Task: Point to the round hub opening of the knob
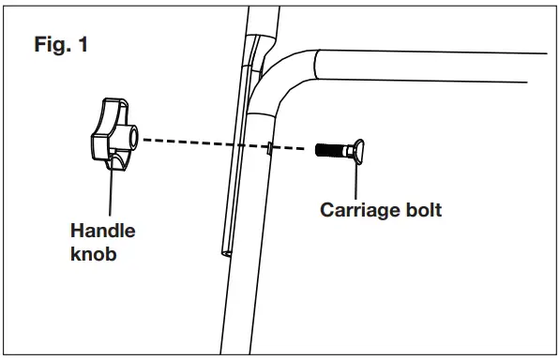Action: coord(133,137)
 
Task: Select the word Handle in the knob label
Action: coord(103,232)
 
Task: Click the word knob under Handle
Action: coord(94,253)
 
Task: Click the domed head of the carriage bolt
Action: coord(360,148)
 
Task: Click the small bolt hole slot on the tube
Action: coord(268,146)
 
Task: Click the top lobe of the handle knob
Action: coord(112,107)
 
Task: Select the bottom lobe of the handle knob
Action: coord(116,163)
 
